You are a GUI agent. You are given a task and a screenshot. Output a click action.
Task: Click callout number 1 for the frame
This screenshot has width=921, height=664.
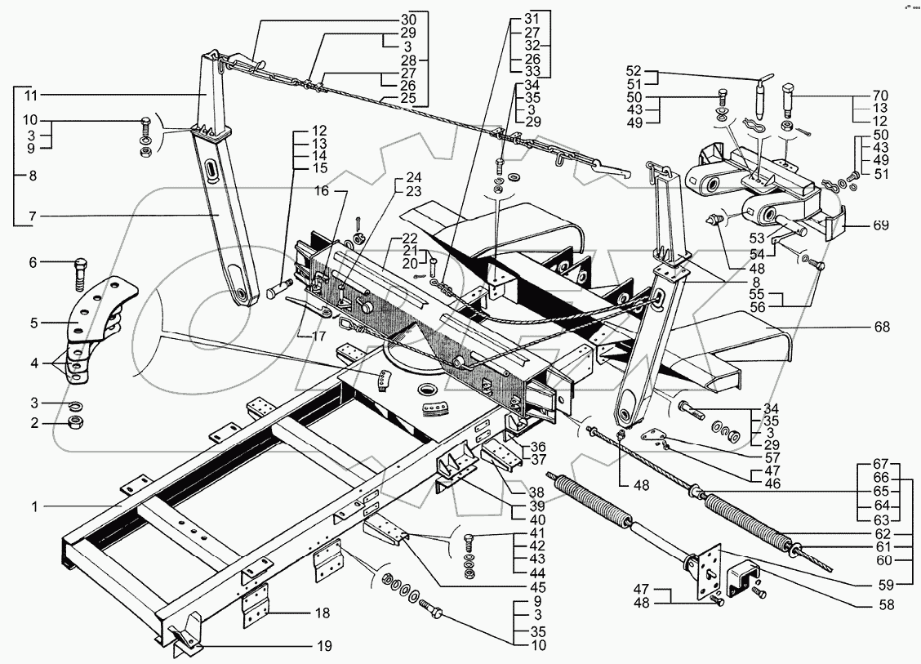point(34,506)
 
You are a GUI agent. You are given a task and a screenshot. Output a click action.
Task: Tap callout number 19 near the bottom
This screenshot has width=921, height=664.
point(324,646)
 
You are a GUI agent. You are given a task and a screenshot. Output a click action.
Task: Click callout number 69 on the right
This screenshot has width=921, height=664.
point(881,225)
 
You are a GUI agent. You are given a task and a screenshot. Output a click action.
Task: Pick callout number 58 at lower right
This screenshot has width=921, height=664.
point(887,604)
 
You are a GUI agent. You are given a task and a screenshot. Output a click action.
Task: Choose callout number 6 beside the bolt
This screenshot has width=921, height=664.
point(33,262)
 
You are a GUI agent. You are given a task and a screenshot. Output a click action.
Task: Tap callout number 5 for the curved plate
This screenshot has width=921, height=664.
point(33,323)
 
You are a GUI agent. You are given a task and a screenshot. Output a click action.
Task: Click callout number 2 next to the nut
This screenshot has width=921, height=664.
point(34,422)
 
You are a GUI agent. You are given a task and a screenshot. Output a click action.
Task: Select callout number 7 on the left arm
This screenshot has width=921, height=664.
point(33,216)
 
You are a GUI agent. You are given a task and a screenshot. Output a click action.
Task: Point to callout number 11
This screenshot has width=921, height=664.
point(30,95)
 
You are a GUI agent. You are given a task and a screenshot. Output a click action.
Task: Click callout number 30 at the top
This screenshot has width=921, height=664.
point(408,20)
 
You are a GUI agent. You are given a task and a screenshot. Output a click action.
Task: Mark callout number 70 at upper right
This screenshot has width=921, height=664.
point(880,95)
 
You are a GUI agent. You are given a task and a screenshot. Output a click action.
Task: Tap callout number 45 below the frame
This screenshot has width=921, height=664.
point(537,587)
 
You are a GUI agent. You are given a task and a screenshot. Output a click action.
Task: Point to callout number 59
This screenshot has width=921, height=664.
point(887,586)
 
